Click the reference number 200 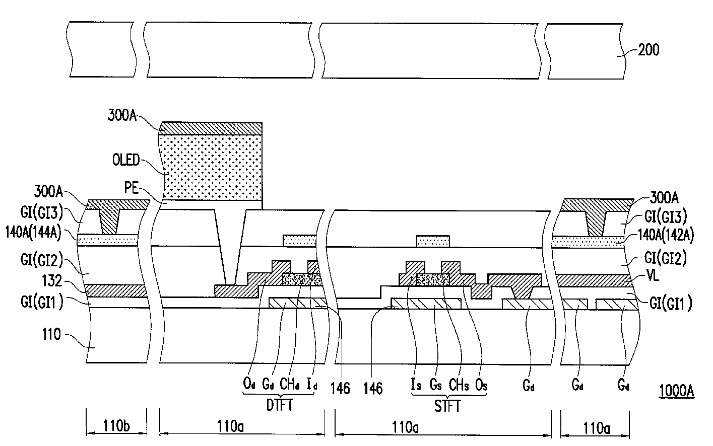tap(649, 50)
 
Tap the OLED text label tap(126, 160)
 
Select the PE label tap(131, 188)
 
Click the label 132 tap(52, 281)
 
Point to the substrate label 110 tap(51, 334)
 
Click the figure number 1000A tap(676, 391)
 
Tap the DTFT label tap(280, 405)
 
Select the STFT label tap(447, 406)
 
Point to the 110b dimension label tap(116, 426)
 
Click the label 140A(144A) tap(33, 233)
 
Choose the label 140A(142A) tap(666, 236)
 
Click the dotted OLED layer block tap(211, 167)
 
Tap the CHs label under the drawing tap(459, 385)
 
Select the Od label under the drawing tap(249, 384)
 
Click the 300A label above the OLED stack tap(122, 115)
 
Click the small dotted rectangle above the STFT tap(433, 241)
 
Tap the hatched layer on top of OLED tap(211, 128)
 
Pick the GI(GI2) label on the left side tap(42, 260)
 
